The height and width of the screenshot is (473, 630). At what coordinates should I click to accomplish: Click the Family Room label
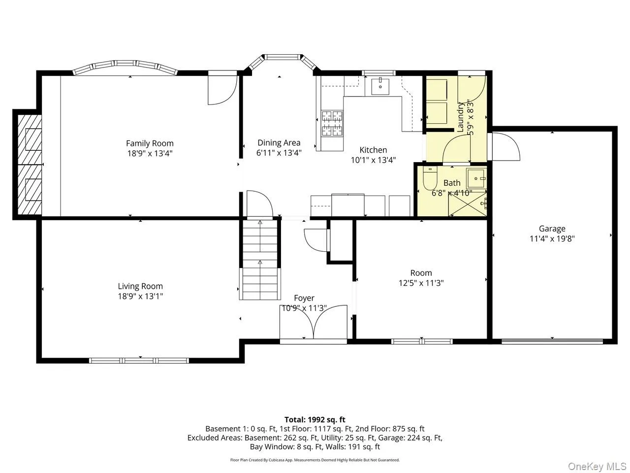point(150,143)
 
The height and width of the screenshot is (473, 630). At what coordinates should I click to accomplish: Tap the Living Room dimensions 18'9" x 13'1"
point(140,296)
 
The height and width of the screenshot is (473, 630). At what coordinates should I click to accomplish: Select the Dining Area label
point(279,143)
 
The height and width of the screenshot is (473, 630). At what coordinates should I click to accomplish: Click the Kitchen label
point(373,150)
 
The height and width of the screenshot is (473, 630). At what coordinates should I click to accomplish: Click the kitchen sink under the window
point(380,86)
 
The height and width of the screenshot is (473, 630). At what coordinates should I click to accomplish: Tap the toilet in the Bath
point(429,180)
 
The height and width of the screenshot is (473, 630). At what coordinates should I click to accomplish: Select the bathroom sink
point(476,176)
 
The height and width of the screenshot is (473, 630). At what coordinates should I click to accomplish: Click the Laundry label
point(461,117)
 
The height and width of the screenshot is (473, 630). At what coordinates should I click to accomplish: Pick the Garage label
point(552,229)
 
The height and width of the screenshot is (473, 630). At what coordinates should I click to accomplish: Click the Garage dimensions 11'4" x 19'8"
point(552,239)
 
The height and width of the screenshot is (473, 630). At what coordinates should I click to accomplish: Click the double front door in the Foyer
point(314,323)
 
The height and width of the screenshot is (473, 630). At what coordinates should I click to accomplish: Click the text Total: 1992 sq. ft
point(315,420)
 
